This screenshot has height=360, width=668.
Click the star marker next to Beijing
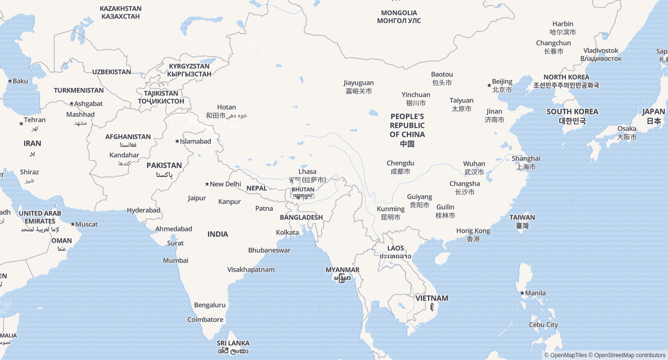tap(489, 85)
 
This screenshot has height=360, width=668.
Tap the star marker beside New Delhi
tap(207, 184)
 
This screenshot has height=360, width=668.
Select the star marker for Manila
tap(522, 293)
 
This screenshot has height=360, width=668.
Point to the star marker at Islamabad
tap(177, 141)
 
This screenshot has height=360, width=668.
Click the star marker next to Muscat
tap(72, 224)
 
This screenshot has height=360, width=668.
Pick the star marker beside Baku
tap(10, 81)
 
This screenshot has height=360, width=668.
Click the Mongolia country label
tap(399, 17)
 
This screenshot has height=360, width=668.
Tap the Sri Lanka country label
tap(233, 347)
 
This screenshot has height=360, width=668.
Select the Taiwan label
tap(522, 221)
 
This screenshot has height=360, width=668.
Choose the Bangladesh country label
tap(301, 218)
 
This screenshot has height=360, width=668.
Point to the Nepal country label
tap(257, 188)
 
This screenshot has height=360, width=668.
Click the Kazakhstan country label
tap(121, 12)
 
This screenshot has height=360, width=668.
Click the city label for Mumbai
tap(176, 261)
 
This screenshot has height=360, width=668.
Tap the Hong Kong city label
tap(473, 235)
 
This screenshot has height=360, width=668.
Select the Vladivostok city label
tap(601, 54)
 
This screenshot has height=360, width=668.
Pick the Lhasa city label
tap(308, 176)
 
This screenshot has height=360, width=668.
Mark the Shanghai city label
tap(526, 162)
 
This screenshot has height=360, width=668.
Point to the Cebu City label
tap(543, 325)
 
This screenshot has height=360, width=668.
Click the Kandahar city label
tap(124, 159)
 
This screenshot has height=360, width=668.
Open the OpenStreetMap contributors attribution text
tap(629, 355)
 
